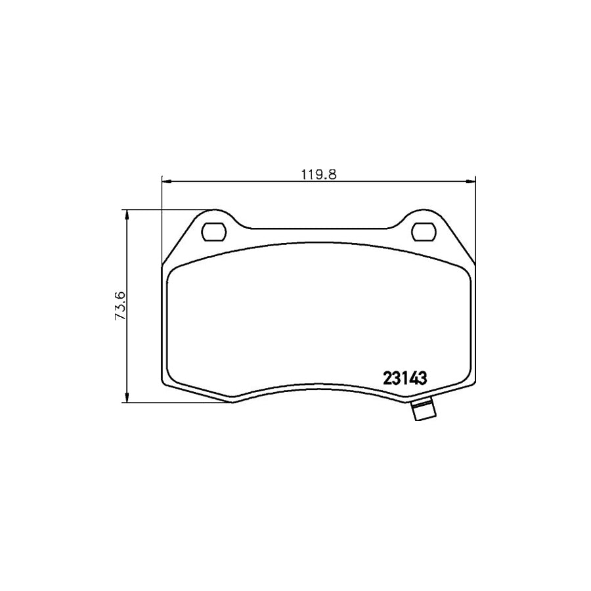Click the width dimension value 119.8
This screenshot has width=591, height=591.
[x=318, y=175]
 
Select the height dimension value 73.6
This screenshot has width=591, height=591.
[x=120, y=306]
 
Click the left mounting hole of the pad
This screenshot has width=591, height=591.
[x=213, y=231]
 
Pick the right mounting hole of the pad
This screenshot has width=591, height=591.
[x=424, y=231]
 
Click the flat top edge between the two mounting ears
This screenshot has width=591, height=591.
[x=318, y=230]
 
